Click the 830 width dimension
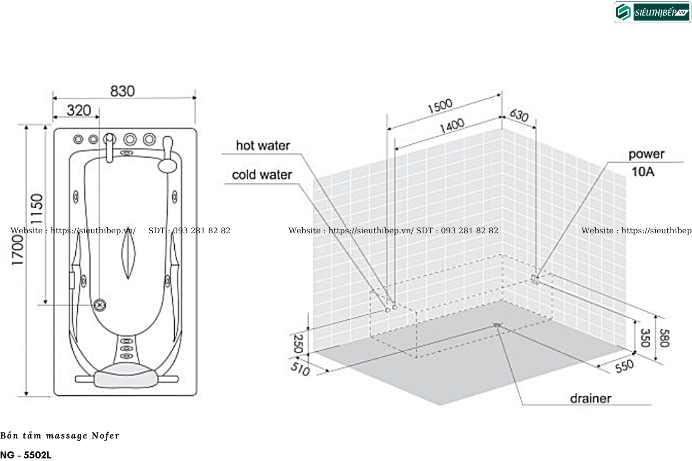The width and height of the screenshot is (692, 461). click(x=123, y=91)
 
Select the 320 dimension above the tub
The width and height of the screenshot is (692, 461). click(x=79, y=111)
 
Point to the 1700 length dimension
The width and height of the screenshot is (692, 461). click(x=18, y=250)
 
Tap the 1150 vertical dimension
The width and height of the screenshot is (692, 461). click(x=37, y=209)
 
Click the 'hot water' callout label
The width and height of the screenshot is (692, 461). click(x=263, y=146)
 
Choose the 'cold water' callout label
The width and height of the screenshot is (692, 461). click(x=262, y=175)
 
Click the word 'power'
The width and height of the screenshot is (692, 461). click(x=646, y=154)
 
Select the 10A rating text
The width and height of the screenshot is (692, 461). click(x=643, y=172)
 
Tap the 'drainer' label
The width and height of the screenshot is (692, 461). click(x=590, y=398)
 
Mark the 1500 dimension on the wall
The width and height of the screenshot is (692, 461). click(x=440, y=106)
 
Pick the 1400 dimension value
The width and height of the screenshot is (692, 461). click(x=452, y=126)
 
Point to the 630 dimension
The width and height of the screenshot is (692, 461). click(x=519, y=115)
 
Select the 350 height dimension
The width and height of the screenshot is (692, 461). click(x=645, y=338)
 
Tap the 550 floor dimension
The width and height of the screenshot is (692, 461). click(x=625, y=366)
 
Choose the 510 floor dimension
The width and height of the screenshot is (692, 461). click(x=300, y=369)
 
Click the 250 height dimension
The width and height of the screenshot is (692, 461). click(x=298, y=343)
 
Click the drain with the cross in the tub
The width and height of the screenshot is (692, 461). click(x=99, y=305)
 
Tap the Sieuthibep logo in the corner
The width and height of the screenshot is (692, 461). click(x=652, y=13)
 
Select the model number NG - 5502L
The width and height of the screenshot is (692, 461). click(x=26, y=455)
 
